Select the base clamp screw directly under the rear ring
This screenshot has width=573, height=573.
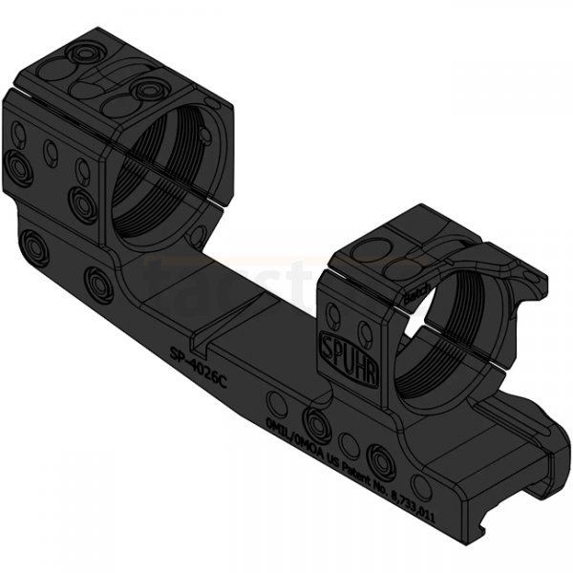(x=98, y=283)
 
